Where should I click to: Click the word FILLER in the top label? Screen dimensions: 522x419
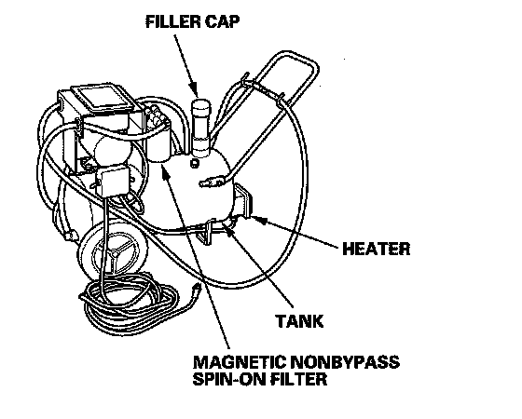173,22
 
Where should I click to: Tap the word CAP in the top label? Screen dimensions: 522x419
223,22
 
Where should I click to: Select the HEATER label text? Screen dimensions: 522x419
377,249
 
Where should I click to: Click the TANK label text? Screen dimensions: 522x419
299,321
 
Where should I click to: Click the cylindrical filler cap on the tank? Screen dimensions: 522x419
200,127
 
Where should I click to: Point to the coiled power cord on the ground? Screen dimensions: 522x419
130,299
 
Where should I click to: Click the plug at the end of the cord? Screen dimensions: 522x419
196,290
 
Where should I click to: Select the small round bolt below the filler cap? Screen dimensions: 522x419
194,163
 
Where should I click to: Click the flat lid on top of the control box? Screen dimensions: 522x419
103,99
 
